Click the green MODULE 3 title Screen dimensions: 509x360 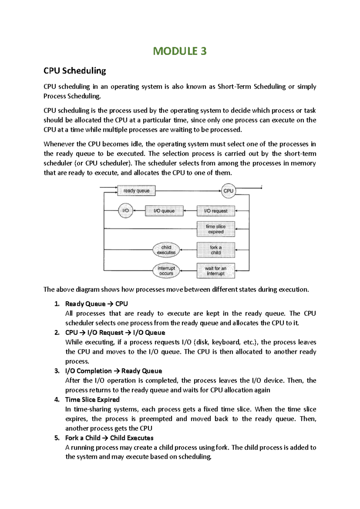click(180, 51)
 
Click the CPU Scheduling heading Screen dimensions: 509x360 click(75, 71)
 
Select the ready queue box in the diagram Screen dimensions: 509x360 click(136, 191)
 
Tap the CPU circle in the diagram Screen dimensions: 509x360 click(228, 191)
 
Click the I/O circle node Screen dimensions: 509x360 click(125, 211)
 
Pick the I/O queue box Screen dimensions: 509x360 click(164, 211)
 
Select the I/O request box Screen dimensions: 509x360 click(216, 211)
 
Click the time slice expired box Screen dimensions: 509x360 click(216, 229)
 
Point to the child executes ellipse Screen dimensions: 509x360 click(166, 250)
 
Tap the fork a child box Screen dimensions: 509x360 click(216, 250)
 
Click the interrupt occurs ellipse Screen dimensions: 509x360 click(166, 271)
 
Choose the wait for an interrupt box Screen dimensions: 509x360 click(216, 271)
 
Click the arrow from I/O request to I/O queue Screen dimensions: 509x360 click(190, 211)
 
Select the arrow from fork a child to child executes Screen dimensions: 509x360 click(188, 250)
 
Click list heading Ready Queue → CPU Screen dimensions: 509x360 click(96, 304)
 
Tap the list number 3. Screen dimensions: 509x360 click(57, 371)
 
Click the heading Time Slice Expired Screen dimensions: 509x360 click(92, 400)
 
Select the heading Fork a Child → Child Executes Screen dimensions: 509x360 click(109, 438)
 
